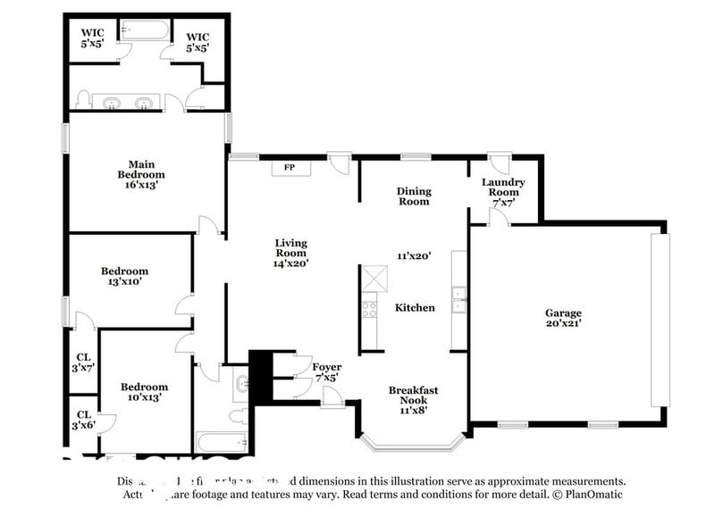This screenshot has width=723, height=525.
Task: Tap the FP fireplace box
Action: (289, 167)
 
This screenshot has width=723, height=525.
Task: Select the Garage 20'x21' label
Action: (563, 318)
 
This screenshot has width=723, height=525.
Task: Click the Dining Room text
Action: (414, 196)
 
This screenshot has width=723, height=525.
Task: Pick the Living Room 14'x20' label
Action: (290, 253)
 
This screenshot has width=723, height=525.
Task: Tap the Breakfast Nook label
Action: (413, 401)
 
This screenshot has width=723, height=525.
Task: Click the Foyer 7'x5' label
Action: (326, 372)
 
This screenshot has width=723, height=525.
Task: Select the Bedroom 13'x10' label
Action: (124, 276)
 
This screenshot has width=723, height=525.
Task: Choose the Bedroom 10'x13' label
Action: (145, 392)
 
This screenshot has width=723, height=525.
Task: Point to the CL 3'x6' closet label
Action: (84, 420)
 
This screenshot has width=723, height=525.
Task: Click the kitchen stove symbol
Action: (368, 310)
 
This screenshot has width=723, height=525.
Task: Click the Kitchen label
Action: (415, 307)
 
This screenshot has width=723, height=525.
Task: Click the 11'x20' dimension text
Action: (415, 255)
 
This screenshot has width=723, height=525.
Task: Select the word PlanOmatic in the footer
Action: (593, 494)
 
